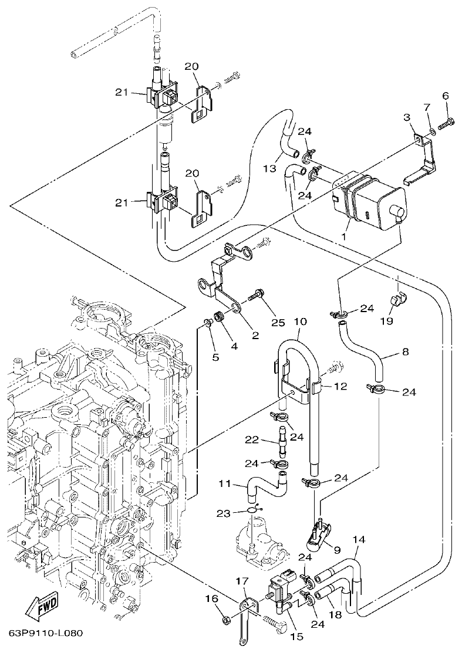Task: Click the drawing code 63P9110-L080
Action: click(46, 634)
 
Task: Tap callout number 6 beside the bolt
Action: click(444, 96)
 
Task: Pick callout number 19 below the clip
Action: click(386, 321)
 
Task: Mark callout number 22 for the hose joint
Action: click(268, 439)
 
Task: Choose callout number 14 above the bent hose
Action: click(359, 538)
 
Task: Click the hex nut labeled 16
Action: click(226, 619)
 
